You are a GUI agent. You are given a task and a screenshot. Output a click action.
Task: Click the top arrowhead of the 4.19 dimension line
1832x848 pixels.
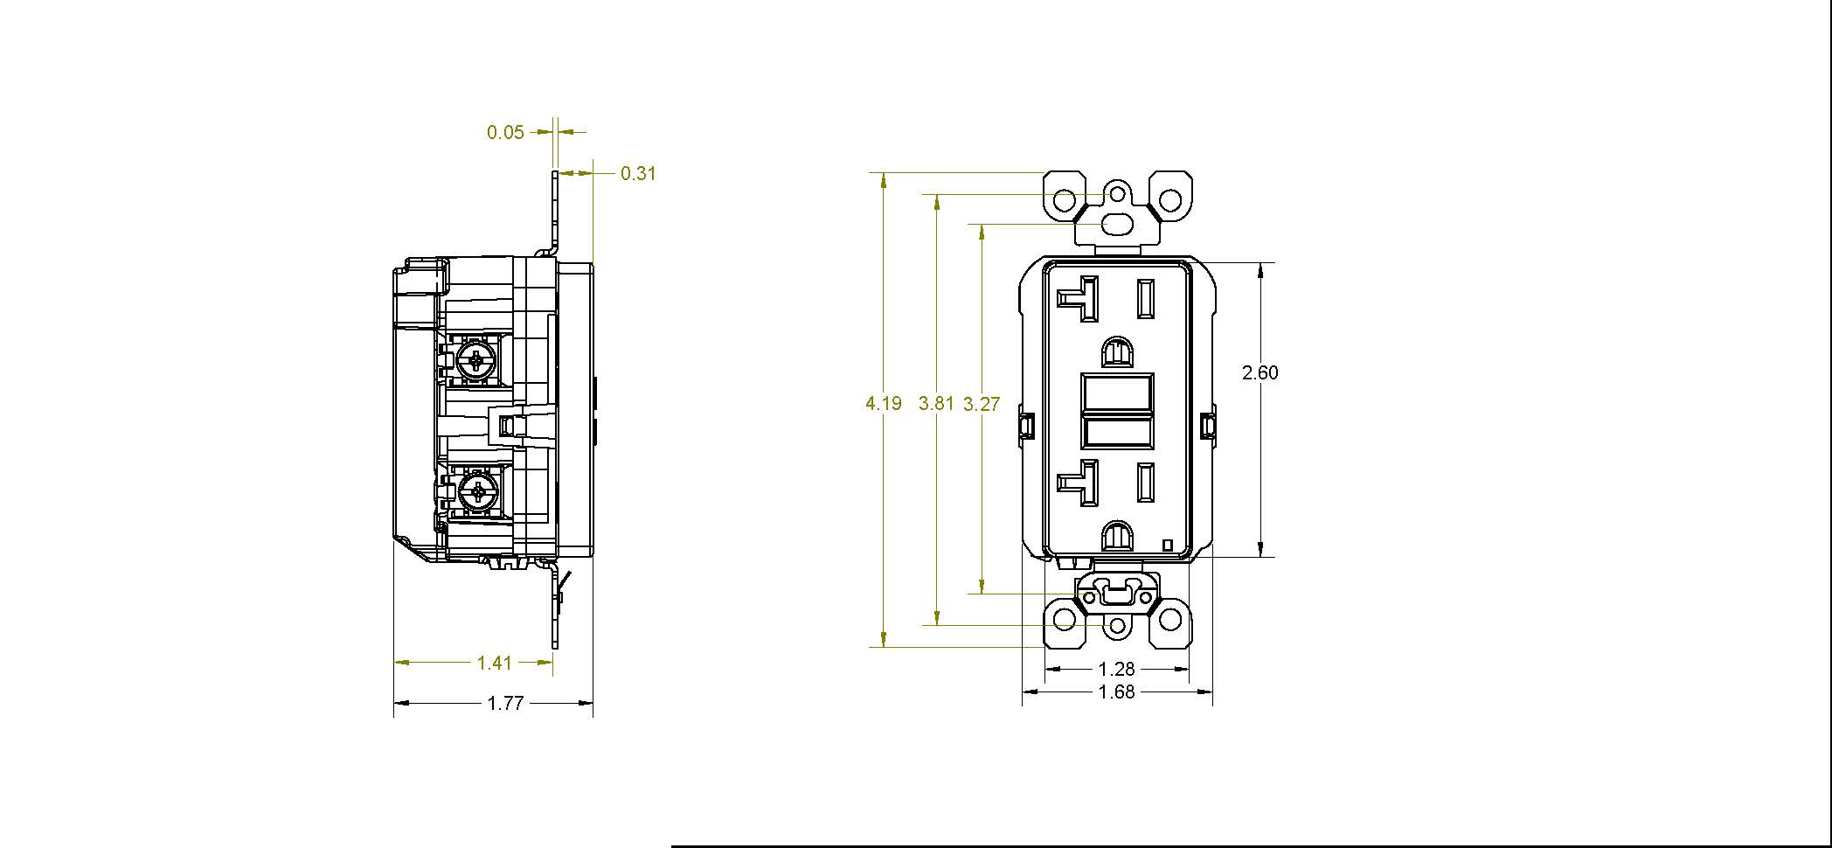pos(884,181)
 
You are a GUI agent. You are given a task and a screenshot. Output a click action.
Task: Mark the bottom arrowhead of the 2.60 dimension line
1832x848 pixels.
pos(1259,548)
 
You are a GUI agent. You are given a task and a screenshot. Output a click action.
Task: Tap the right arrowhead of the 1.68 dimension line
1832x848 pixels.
pos(1204,692)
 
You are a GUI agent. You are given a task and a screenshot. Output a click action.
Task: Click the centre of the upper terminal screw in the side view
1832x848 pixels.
pos(477,359)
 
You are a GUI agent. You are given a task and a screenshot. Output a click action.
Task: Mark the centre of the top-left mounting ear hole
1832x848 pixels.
pos(1064,200)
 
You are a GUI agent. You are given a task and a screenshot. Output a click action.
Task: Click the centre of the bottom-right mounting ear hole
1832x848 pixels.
pos(1170,621)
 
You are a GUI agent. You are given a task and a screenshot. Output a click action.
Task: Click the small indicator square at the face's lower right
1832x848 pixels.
pos(1168,545)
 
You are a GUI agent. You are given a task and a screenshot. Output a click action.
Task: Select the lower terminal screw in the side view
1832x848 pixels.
pos(477,492)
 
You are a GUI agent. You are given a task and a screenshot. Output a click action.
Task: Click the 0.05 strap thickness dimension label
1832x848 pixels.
pos(505,133)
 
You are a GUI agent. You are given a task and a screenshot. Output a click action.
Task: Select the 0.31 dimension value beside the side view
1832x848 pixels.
pos(638,174)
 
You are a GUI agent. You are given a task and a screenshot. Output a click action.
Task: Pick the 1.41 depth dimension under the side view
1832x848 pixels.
pos(495,664)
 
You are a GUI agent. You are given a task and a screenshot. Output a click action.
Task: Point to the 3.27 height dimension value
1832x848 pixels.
pos(982,404)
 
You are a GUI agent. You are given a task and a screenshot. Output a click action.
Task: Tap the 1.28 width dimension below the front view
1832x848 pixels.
pos(1116,670)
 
